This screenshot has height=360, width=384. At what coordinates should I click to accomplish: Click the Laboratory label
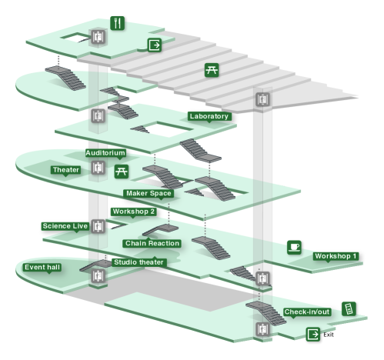click(209, 116)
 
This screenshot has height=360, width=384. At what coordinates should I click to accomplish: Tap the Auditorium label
click(105, 153)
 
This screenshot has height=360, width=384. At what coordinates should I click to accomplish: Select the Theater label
click(66, 170)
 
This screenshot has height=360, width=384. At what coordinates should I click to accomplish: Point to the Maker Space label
click(149, 193)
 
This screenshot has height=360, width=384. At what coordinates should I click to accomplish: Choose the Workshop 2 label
click(134, 212)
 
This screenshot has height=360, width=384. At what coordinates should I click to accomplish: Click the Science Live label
click(65, 226)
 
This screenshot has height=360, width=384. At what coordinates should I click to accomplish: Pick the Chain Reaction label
click(152, 243)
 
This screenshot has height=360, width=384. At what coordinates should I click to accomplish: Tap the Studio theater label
click(139, 262)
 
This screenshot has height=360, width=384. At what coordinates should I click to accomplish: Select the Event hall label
click(42, 267)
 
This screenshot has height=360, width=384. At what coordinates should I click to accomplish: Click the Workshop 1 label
click(336, 256)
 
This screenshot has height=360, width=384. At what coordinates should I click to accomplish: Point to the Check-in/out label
click(307, 312)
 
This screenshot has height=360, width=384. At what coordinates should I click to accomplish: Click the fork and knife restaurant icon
click(118, 23)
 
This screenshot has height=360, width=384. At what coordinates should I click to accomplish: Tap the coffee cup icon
click(294, 248)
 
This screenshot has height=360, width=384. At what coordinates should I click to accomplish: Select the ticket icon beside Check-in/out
click(349, 308)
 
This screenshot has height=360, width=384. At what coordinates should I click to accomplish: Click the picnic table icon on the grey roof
click(212, 70)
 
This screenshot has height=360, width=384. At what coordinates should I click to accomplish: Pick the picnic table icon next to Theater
click(122, 172)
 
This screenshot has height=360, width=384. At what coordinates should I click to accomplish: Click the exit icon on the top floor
click(155, 45)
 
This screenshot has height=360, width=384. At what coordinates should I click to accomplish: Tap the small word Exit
click(329, 335)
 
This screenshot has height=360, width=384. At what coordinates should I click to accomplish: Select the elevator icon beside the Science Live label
click(99, 226)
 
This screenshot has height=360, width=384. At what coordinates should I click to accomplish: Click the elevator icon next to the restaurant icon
click(99, 37)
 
